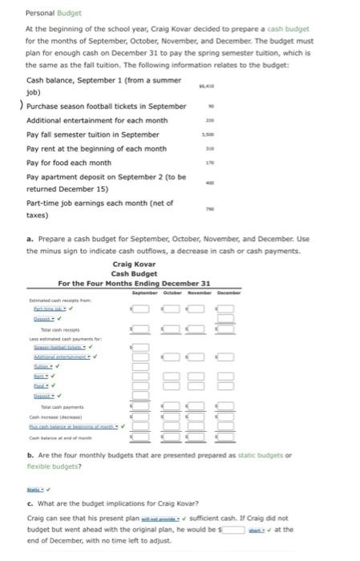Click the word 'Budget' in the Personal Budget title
pos(59,13)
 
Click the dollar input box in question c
pos(233,528)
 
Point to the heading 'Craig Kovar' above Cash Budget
pos(132,264)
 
